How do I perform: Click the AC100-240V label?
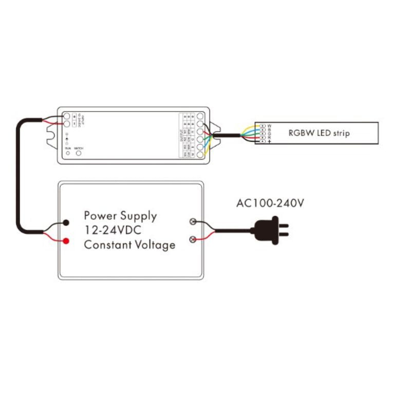coord(270,203)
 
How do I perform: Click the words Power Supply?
coord(120,215)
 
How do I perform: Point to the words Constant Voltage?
coord(129,245)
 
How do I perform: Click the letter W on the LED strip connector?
coord(269,125)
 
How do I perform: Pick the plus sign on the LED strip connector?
coord(269,141)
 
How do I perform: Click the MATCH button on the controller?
coord(79,153)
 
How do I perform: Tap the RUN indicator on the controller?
coord(68,153)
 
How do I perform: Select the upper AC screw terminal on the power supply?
coord(193,222)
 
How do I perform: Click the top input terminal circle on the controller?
coord(67,117)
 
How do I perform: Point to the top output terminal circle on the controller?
coord(199,117)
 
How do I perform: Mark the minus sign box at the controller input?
coord(74,124)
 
